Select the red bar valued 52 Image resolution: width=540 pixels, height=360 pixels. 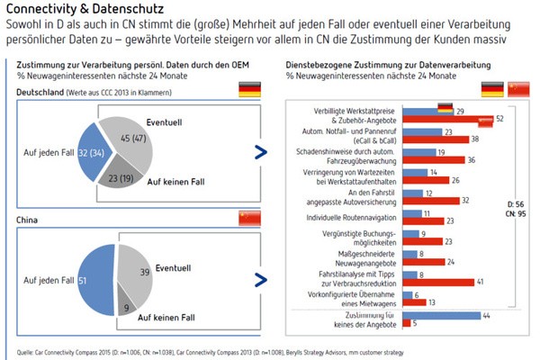click(x=458, y=119)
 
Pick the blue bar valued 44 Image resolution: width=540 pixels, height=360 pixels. click(x=450, y=316)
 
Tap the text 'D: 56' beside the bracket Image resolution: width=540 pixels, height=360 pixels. click(x=516, y=204)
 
